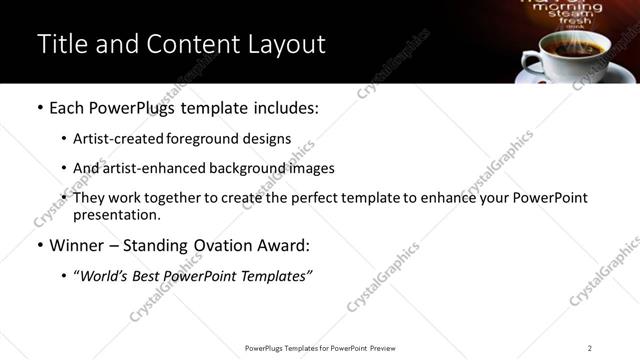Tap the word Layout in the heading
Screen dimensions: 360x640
click(287, 45)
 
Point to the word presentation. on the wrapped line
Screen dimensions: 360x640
click(115, 214)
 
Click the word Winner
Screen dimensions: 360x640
click(78, 245)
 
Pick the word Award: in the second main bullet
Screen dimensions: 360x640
click(284, 245)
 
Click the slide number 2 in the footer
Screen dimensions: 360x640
click(590, 348)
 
